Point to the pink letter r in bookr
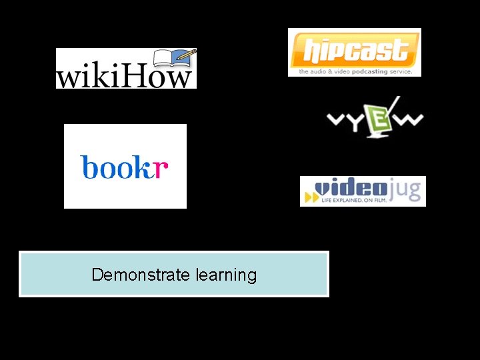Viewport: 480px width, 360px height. coord(161,168)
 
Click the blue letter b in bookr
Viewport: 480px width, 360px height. coord(89,167)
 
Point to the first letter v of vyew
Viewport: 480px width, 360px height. coord(335,119)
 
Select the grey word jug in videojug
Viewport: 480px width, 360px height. coord(407,189)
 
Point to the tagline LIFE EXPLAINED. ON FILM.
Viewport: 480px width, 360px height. coord(353,199)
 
